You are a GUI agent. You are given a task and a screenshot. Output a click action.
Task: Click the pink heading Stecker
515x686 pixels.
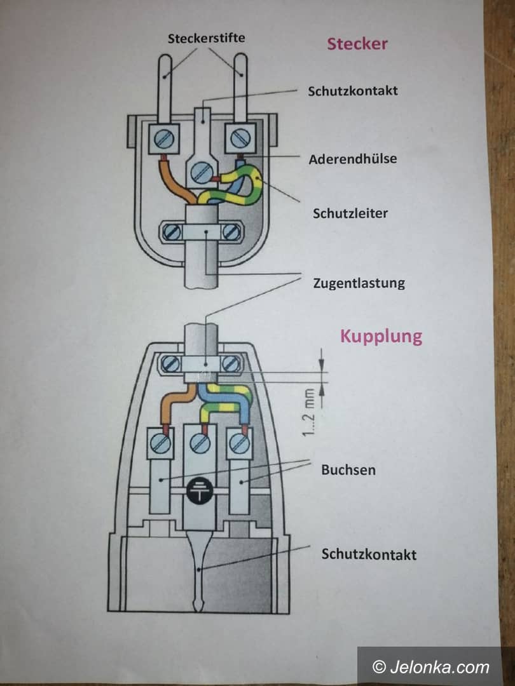357,44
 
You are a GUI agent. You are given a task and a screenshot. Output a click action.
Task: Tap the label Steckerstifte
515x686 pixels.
206,38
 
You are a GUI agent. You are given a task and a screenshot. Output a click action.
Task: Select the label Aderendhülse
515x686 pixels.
352,158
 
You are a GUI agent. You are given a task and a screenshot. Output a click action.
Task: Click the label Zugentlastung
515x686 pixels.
359,283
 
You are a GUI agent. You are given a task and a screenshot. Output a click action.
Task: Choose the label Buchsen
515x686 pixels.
348,470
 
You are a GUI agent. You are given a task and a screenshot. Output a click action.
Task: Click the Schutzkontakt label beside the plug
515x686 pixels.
353,90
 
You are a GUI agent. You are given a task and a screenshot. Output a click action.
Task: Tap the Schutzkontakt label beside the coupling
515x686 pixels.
369,554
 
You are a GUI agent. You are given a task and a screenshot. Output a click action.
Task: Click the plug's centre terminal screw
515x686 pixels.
202,171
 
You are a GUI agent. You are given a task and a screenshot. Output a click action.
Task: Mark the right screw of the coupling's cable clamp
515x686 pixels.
231,364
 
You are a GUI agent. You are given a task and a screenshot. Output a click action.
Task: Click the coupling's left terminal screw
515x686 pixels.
161,443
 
